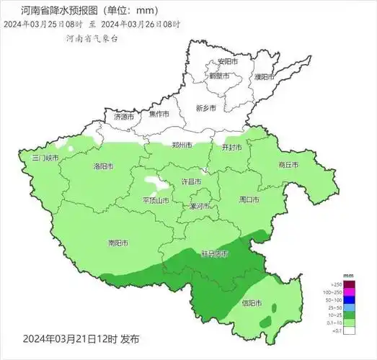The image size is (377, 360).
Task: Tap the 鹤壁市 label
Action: [x=220, y=76]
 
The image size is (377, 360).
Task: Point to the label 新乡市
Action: [x=206, y=108]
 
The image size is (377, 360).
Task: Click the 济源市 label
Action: [x=124, y=116]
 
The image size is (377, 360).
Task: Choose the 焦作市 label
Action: [x=159, y=114]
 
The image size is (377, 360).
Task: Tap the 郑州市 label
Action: [x=182, y=145]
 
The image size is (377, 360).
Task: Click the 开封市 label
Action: [x=231, y=147]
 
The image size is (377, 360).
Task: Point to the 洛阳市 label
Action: [x=104, y=166]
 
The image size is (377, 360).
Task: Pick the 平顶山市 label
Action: [x=156, y=200]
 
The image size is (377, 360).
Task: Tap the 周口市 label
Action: [x=249, y=199]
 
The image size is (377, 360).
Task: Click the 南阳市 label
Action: [x=117, y=243]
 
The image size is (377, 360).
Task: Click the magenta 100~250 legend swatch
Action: [x=349, y=292]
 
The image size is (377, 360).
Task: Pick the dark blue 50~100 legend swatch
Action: [x=349, y=299]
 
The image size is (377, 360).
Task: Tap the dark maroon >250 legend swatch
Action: [x=349, y=284]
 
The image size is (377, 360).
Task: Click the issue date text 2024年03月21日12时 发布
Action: [x=81, y=338]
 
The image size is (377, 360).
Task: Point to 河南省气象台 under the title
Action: [x=92, y=37]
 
